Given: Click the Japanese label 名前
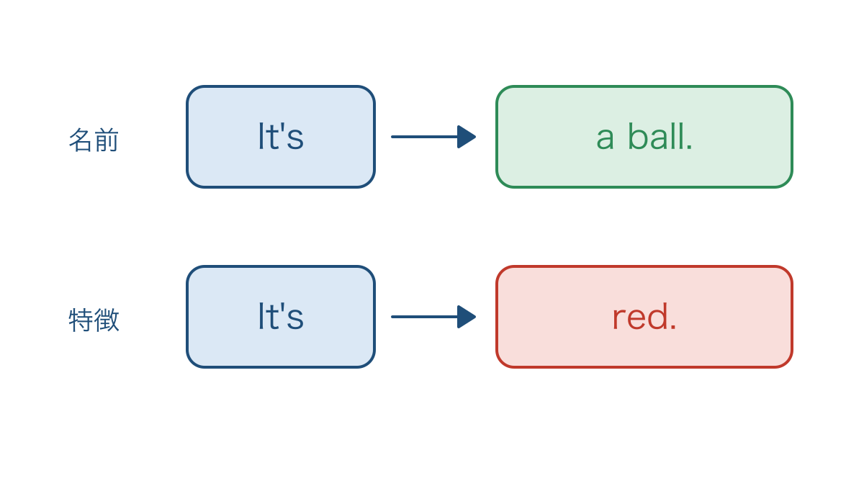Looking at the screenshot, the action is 94,140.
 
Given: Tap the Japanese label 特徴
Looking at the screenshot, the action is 94,320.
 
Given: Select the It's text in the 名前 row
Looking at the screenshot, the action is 281,136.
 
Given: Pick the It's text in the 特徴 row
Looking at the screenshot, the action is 281,316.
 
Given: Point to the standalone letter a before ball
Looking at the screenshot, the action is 605,140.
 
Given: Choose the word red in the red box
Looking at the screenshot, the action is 640,316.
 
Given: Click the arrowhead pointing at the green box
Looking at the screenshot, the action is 467,137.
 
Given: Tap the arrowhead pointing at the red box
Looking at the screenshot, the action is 467,317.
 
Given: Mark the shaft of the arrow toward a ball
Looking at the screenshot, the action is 424,137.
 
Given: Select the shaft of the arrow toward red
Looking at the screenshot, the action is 424,317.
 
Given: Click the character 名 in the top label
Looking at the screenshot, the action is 81,140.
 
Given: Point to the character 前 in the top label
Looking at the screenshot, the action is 107,140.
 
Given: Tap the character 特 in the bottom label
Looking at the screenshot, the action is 81,320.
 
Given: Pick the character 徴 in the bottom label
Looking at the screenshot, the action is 107,320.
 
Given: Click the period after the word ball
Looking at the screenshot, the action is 689,148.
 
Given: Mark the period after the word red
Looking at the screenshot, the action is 673,328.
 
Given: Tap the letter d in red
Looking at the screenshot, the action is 658,316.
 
